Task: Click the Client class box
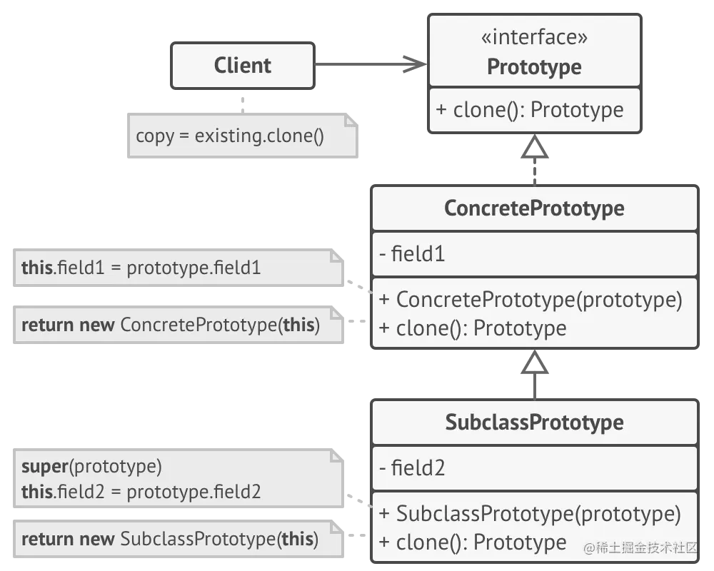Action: [243, 66]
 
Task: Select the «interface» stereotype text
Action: [534, 37]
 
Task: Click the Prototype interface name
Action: [534, 67]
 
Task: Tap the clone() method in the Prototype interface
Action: [529, 110]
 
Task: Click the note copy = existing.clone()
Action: [230, 136]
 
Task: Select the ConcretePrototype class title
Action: [534, 208]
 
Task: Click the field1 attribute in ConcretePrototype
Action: [412, 254]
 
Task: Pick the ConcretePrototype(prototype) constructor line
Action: [531, 300]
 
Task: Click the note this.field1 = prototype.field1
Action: [141, 268]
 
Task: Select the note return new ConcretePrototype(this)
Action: [171, 325]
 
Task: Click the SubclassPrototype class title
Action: [534, 423]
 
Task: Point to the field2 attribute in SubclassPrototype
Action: [412, 468]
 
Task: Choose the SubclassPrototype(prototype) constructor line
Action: [530, 514]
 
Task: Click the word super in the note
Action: [44, 467]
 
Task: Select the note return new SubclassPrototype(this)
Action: [170, 539]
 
